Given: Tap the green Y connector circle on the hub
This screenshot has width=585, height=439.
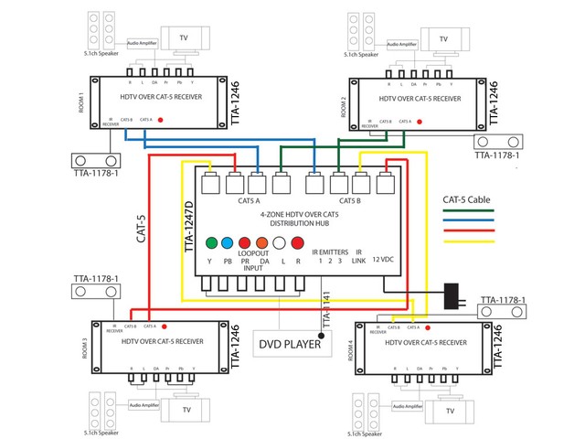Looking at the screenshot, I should pyautogui.click(x=212, y=243).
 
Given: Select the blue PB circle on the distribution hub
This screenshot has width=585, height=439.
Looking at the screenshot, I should pyautogui.click(x=229, y=243).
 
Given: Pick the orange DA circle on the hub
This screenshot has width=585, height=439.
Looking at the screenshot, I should pyautogui.click(x=262, y=243).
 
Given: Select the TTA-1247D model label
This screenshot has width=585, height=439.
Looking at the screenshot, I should pyautogui.click(x=190, y=226).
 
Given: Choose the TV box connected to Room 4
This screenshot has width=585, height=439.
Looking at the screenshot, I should pyautogui.click(x=449, y=411).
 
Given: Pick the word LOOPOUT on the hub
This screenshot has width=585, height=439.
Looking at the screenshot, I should pyautogui.click(x=253, y=252).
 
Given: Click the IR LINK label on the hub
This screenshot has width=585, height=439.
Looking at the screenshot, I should pyautogui.click(x=358, y=255).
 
